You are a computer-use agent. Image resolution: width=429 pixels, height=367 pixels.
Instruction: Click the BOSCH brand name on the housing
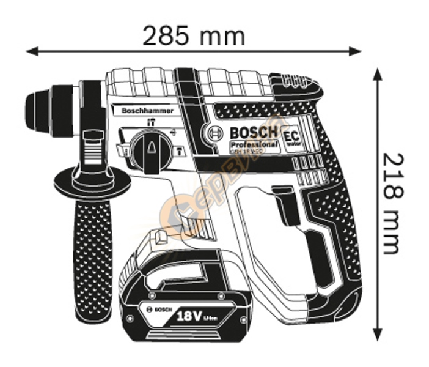tap(252, 133)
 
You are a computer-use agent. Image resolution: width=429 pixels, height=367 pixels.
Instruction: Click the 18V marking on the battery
tap(191, 316)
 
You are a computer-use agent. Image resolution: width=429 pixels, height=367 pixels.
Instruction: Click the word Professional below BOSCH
tap(254, 146)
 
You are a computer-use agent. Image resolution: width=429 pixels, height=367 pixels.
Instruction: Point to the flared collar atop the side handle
tap(92, 180)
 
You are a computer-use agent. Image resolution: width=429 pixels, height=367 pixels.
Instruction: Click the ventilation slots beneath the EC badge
tap(309, 164)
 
